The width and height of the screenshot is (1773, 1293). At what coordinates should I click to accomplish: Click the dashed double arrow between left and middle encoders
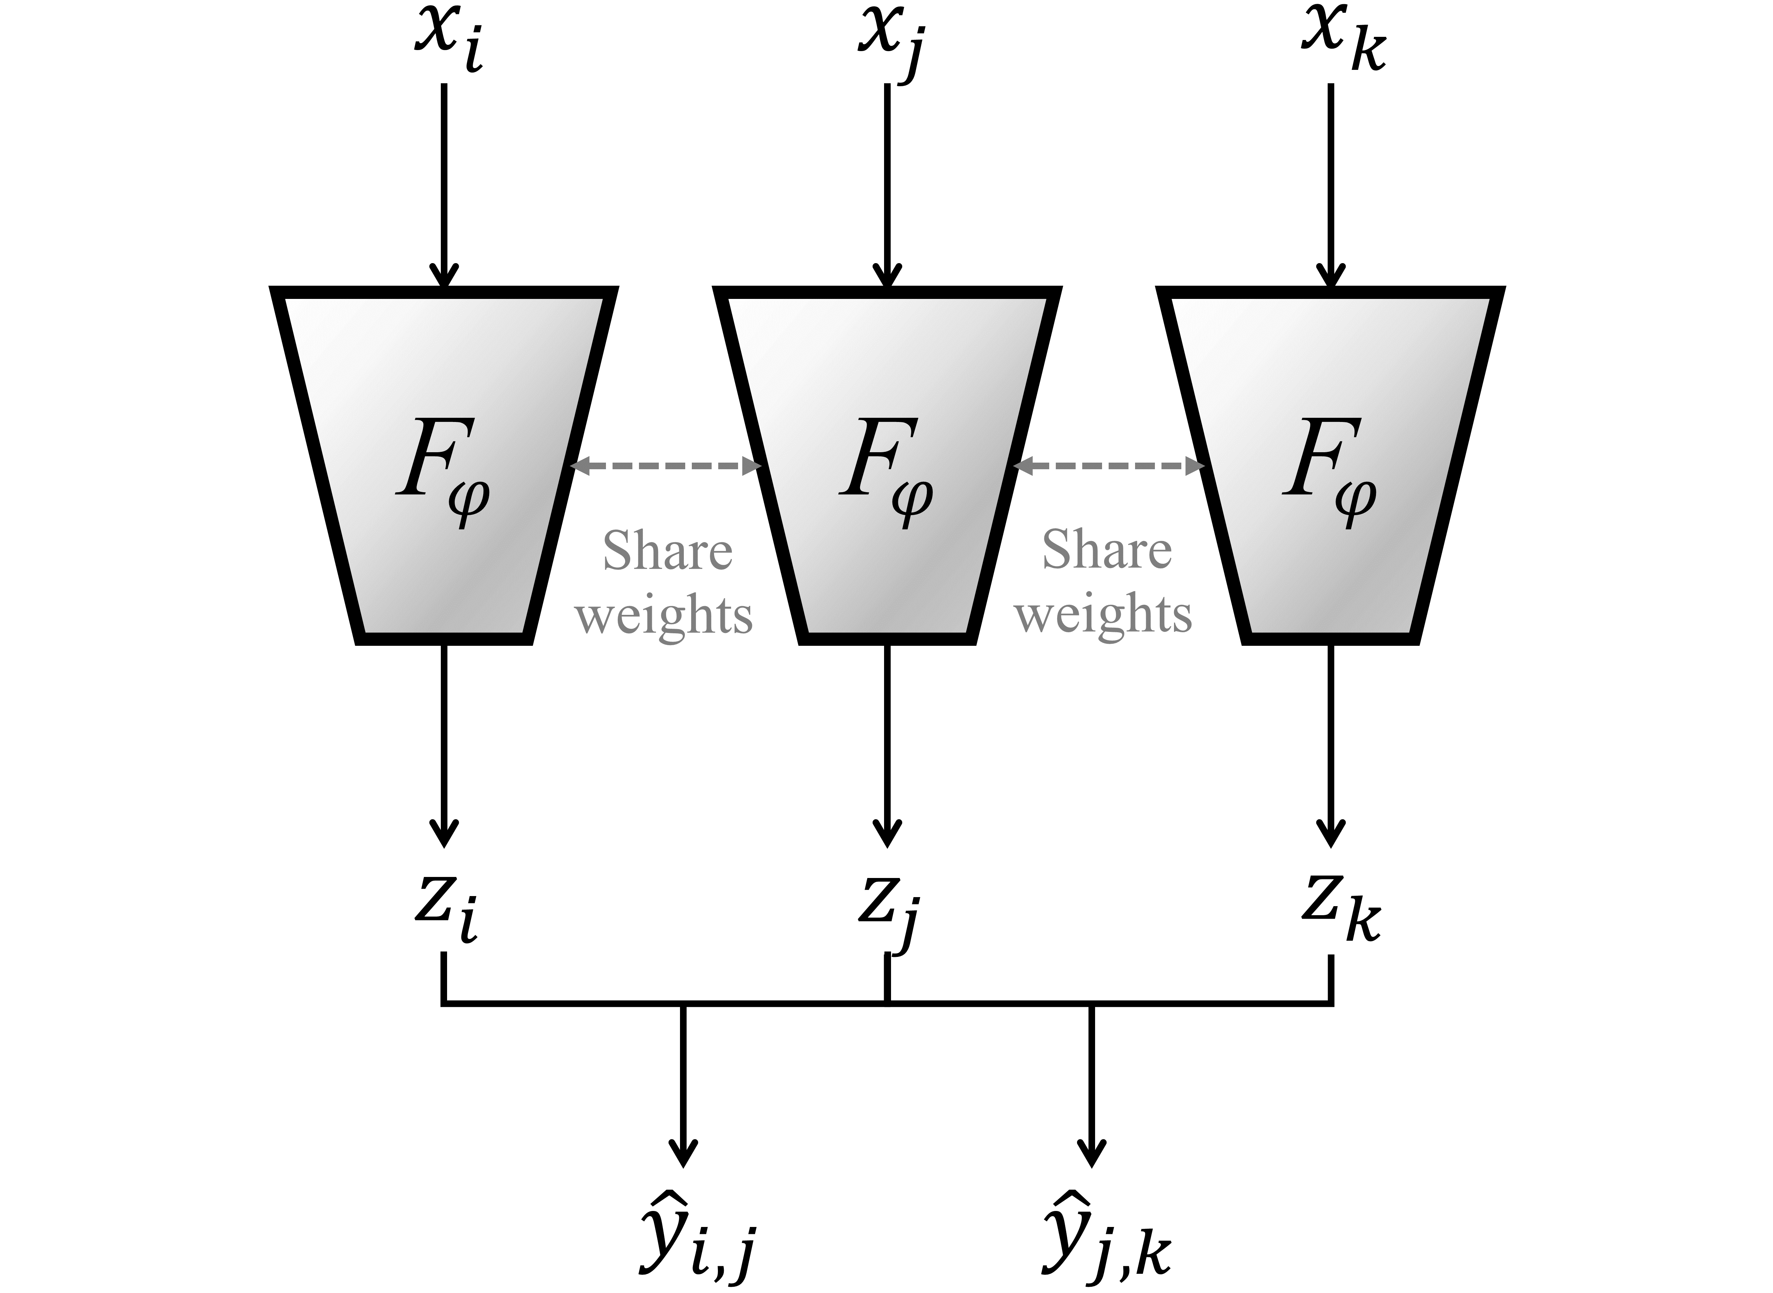[665, 466]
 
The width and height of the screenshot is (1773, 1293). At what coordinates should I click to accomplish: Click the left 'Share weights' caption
[665, 583]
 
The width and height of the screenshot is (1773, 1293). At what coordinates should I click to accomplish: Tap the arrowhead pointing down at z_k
[1331, 831]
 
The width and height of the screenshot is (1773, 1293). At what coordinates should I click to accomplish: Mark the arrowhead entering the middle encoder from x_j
[887, 276]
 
